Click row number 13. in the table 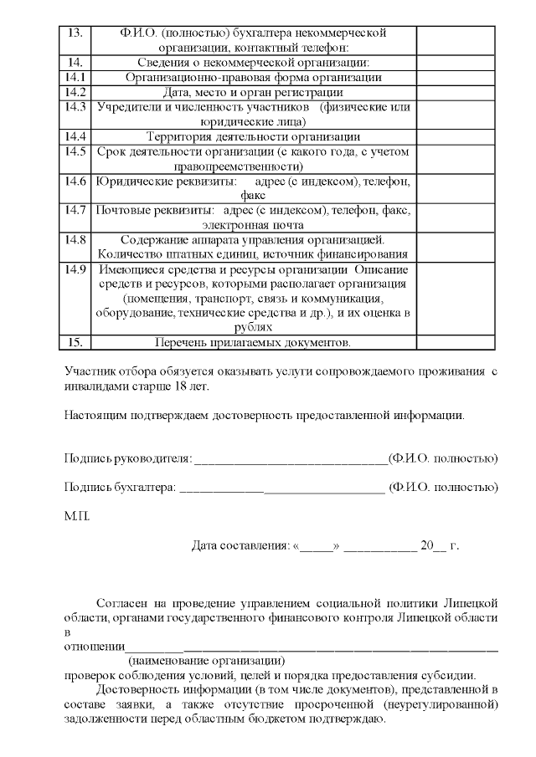75,33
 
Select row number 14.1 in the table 75,77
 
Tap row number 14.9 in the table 75,269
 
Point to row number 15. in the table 75,342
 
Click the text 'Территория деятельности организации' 254,136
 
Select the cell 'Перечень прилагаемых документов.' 254,342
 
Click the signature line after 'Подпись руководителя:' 291,458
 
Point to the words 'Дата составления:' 240,545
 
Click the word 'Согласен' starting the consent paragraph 121,602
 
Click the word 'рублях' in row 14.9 254,328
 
